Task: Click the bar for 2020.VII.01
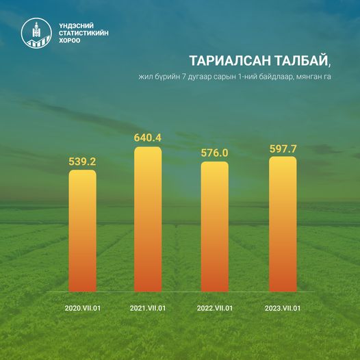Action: click(82, 231)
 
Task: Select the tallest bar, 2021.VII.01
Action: click(148, 219)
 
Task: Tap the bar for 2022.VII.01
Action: click(215, 227)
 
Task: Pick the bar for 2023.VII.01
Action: click(283, 224)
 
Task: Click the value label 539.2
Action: click(82, 162)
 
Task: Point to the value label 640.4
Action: click(148, 138)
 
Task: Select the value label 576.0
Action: click(215, 153)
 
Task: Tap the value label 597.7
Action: click(283, 149)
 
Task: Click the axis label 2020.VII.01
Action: click(83, 308)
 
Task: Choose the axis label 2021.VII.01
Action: click(148, 308)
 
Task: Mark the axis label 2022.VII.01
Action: click(215, 308)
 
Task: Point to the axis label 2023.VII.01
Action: click(283, 308)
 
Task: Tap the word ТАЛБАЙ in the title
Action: click(300, 61)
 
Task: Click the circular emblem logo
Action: click(36, 33)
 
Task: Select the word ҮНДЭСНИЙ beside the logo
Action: click(76, 25)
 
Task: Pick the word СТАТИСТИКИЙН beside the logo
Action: click(83, 33)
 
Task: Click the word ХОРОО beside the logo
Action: click(70, 40)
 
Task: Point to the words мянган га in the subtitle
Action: click(313, 77)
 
